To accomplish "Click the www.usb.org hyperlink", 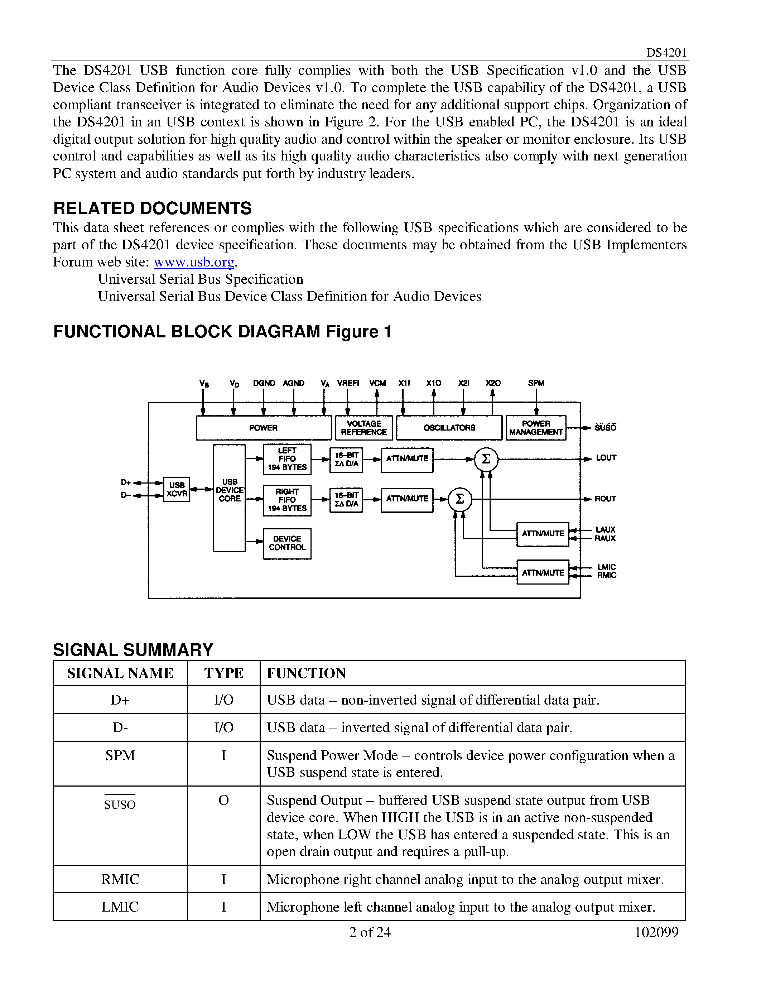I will click(x=194, y=262).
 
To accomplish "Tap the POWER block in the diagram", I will click(x=264, y=428).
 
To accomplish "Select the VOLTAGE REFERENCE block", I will click(x=364, y=428).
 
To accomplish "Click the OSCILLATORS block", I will click(x=449, y=428).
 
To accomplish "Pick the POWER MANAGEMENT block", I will click(x=536, y=428).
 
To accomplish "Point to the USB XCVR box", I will click(x=176, y=489).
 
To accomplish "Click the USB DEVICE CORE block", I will click(x=229, y=498).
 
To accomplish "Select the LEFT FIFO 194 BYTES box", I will click(x=287, y=459).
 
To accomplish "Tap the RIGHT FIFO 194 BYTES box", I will click(x=287, y=500).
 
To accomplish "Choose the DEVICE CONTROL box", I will click(x=287, y=543).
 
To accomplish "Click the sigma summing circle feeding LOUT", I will click(x=486, y=459).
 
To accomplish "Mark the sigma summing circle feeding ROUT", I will click(x=460, y=499).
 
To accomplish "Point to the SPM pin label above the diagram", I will click(x=536, y=383).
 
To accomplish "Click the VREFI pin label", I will click(x=348, y=383).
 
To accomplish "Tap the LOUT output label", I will click(x=606, y=458).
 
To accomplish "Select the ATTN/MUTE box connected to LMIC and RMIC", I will click(x=543, y=572).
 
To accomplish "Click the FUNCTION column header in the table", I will click(x=306, y=673).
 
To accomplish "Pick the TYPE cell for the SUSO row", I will click(x=223, y=801).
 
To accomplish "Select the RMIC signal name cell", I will click(x=120, y=879).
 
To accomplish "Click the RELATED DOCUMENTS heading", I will click(x=153, y=208).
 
